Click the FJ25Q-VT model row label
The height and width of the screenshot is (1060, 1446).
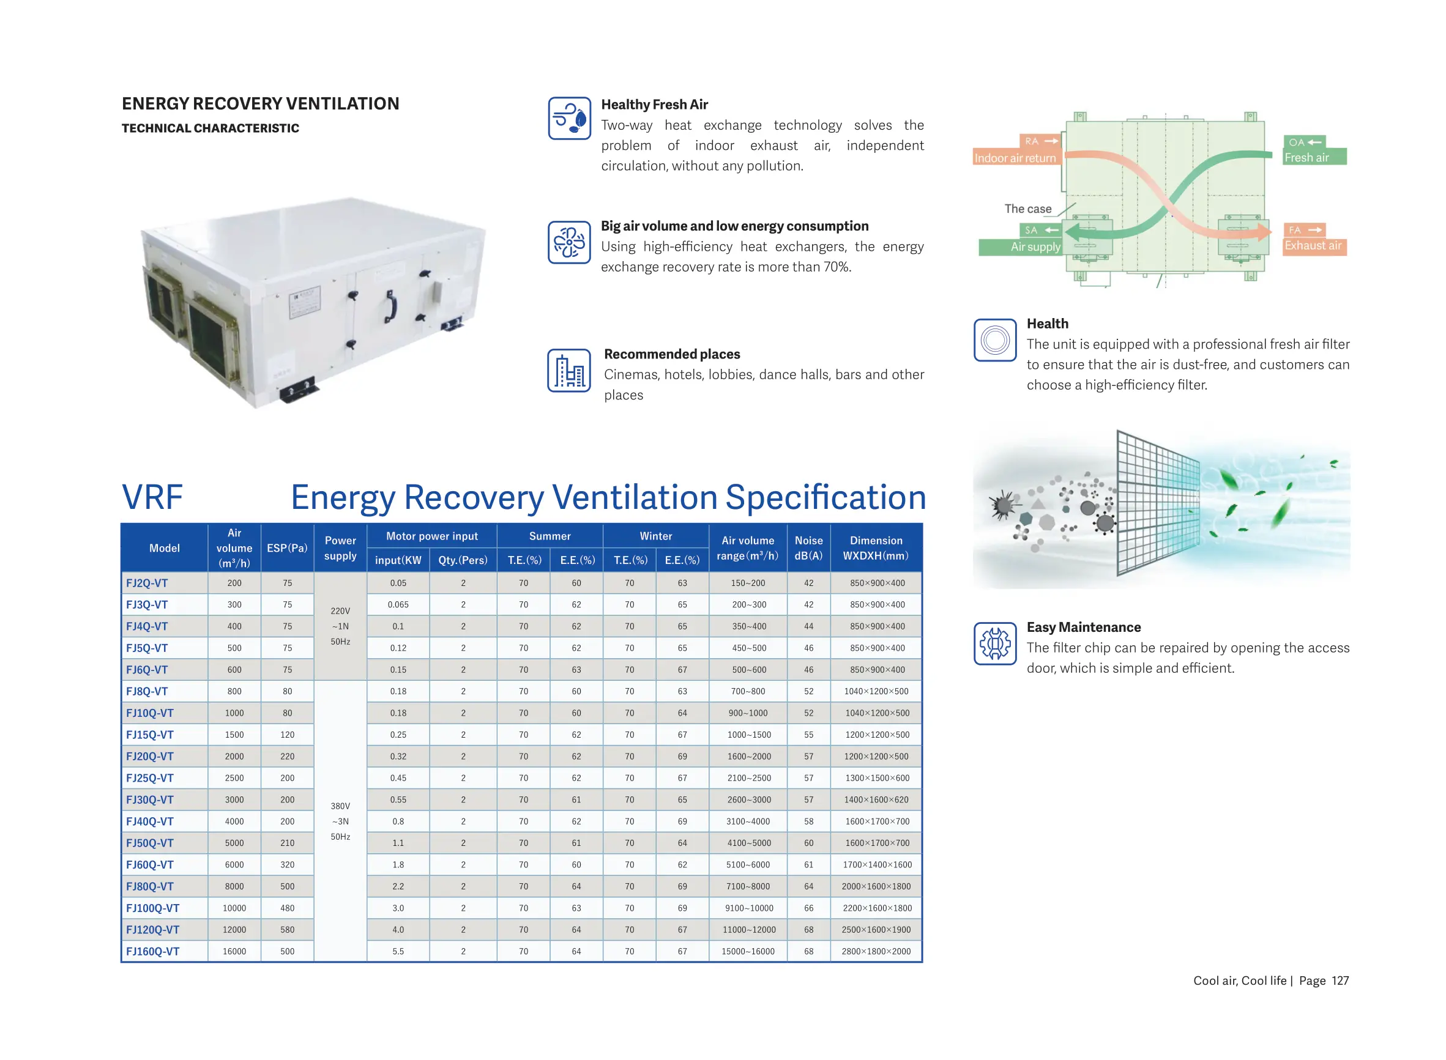tap(149, 777)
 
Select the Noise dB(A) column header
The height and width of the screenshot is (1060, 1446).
tap(808, 548)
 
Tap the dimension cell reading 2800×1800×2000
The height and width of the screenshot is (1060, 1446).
tap(876, 951)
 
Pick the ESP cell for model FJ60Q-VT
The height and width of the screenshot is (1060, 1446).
tap(287, 864)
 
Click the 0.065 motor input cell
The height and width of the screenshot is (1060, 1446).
tap(398, 604)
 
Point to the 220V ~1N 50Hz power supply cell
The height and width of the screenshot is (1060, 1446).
tap(340, 626)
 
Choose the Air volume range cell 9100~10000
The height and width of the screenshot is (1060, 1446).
tap(748, 908)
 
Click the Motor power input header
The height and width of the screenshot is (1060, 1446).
tap(431, 536)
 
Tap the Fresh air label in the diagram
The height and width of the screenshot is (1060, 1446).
tap(1306, 158)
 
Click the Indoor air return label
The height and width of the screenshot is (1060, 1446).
tap(1015, 158)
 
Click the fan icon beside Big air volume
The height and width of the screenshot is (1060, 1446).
tap(568, 243)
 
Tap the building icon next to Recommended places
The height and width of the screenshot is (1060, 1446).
tap(568, 370)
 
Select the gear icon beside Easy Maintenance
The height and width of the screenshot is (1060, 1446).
tap(995, 643)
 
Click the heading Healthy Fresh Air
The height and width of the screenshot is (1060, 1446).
tap(654, 105)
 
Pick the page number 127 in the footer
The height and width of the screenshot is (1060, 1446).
tap(1340, 980)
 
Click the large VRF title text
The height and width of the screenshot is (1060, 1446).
tap(152, 497)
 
